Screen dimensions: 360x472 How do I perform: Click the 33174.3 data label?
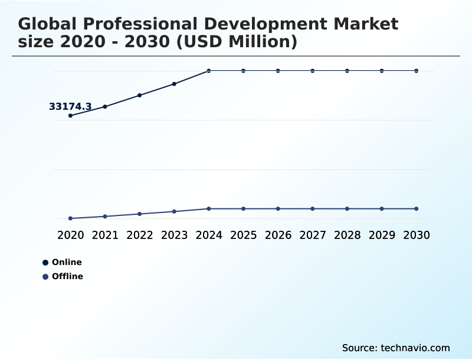coord(70,107)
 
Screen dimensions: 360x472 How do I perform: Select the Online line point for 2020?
coord(70,116)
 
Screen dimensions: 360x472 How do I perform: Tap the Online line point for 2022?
coord(140,95)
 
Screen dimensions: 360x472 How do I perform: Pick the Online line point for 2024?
coord(209,71)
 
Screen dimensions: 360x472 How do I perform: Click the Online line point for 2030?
coord(417,71)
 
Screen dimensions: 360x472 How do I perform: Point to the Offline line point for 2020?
coord(70,218)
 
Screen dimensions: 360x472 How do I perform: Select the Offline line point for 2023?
coord(174,211)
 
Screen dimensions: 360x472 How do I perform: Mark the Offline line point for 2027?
coord(313,209)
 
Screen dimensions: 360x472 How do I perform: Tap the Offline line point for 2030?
coord(417,209)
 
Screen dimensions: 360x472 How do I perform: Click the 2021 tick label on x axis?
coord(105,235)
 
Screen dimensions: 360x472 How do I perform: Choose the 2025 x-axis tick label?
coord(243,235)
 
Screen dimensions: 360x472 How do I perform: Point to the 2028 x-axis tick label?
coord(347,235)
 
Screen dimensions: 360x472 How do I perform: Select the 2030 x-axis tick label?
coord(417,235)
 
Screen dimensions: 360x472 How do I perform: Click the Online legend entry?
coord(66,262)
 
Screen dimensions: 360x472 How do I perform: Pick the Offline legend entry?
coord(67,276)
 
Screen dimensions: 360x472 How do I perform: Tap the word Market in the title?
coord(366,24)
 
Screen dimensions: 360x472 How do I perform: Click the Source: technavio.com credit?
coord(396,348)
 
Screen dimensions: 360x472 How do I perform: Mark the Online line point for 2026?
coord(278,71)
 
